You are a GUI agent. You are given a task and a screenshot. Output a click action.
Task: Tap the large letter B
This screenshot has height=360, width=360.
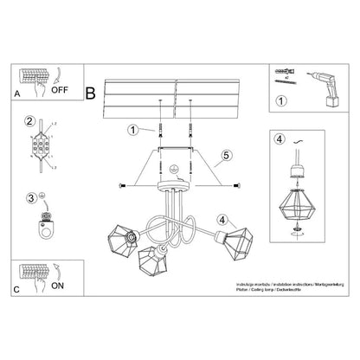pos(90,90)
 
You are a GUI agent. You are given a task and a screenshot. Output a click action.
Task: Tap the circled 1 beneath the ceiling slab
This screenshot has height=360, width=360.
pos(133,131)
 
